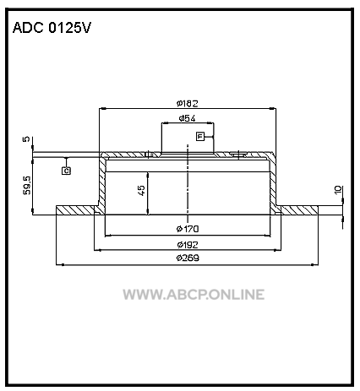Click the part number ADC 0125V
52,28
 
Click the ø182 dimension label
188,104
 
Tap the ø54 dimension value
187,118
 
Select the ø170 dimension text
188,229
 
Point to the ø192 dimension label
188,245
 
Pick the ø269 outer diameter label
188,258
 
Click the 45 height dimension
141,191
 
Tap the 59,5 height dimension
27,185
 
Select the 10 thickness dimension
338,189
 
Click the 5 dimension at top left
26,138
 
